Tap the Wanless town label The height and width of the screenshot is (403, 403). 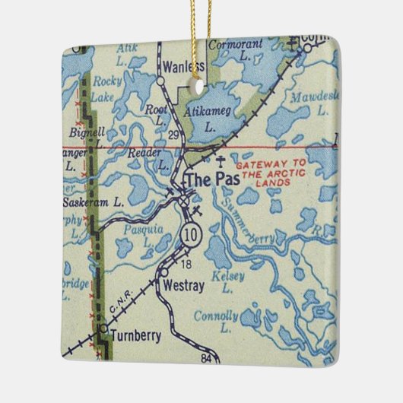coord(185,66)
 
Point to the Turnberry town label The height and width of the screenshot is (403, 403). coord(135,335)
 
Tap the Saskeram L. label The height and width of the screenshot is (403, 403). coord(94,202)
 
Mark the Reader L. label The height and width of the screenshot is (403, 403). coord(148,157)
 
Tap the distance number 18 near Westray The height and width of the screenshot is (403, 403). coord(186,263)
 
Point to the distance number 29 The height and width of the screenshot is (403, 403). coord(173,135)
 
